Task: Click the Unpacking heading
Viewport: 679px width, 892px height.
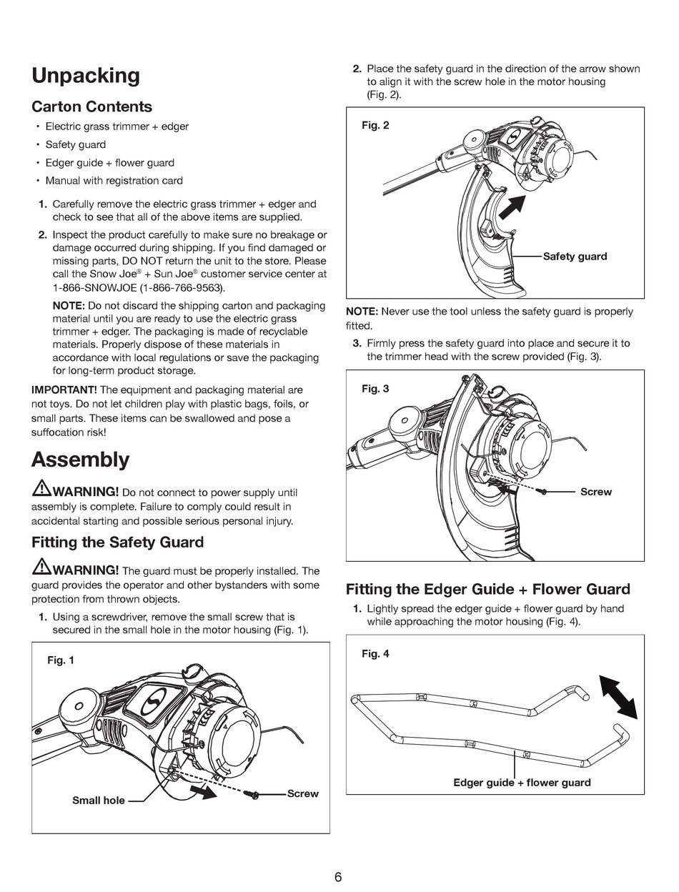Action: pos(86,76)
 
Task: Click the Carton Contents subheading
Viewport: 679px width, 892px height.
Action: pos(91,106)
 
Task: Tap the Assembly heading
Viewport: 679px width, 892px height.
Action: pos(80,460)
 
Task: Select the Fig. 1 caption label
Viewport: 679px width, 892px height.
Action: pos(61,660)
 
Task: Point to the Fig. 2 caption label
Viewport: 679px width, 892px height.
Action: pos(375,125)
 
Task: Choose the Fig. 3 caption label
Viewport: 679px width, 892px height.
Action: pos(375,389)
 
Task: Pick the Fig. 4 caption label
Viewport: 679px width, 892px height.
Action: pos(375,654)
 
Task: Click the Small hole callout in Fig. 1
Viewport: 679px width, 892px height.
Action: pos(99,801)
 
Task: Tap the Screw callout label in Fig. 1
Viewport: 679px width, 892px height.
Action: pos(302,793)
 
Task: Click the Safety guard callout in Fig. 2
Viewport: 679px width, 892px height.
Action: pos(575,257)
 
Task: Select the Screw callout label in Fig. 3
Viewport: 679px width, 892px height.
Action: pos(595,492)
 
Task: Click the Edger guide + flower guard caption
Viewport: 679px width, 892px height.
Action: pos(522,783)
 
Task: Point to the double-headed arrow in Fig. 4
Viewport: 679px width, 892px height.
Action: pos(618,696)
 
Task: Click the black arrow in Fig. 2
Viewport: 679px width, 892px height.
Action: pos(511,207)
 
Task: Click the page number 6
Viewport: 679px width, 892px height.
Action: pos(338,878)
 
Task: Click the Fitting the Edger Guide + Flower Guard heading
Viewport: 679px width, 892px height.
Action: pos(488,589)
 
